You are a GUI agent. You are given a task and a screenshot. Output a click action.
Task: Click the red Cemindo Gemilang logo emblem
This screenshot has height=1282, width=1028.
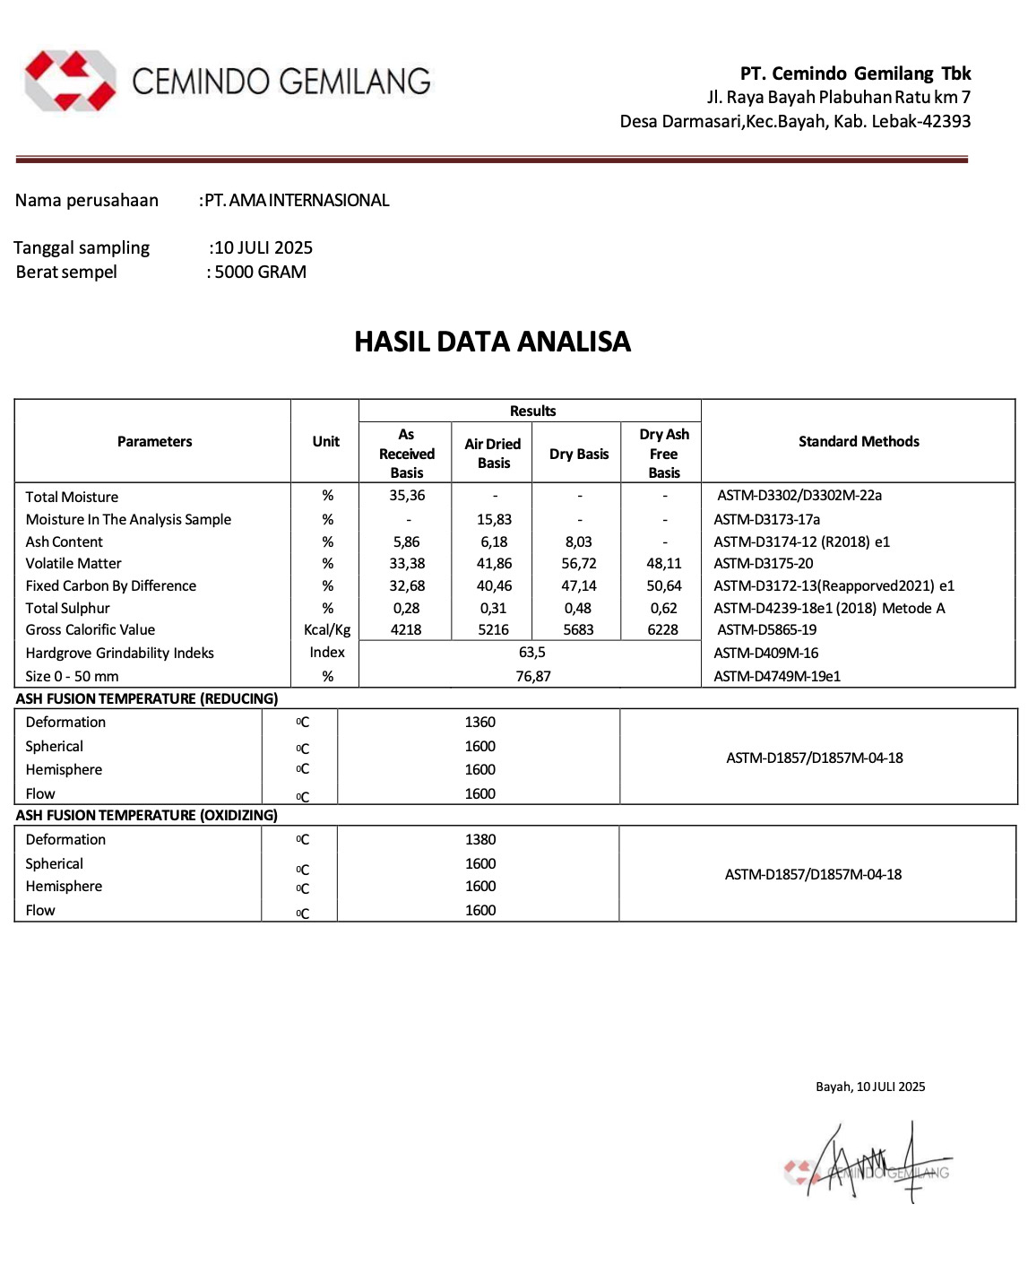[x=70, y=81]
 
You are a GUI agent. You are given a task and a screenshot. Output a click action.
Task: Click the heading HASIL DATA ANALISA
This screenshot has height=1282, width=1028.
[x=492, y=342]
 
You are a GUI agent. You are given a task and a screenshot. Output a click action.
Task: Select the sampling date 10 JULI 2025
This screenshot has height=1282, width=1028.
[x=263, y=247]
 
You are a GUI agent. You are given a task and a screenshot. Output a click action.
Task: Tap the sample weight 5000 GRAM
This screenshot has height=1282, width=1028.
[x=260, y=272]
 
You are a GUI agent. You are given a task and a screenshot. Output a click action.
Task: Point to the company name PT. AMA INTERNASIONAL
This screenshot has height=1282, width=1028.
[x=297, y=200]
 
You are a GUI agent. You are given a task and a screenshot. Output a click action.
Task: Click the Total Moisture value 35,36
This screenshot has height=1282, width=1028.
[x=407, y=495]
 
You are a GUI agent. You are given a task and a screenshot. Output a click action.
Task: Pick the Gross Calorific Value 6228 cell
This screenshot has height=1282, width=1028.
[x=663, y=629]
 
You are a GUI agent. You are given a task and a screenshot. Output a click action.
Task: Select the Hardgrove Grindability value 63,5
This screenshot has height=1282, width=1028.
[x=531, y=652]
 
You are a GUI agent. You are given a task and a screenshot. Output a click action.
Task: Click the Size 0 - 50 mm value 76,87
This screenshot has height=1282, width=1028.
[x=532, y=676]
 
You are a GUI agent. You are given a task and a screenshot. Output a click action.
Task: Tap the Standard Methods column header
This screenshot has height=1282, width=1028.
[x=859, y=441]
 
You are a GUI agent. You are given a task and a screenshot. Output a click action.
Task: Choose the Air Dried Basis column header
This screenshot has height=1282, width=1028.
[x=493, y=453]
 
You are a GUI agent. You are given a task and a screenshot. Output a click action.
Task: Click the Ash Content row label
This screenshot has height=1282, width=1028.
[x=65, y=541]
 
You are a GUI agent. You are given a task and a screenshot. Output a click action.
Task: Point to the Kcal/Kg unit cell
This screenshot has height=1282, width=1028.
[x=327, y=629]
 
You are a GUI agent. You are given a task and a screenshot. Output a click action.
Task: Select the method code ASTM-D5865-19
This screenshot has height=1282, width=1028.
[x=766, y=629]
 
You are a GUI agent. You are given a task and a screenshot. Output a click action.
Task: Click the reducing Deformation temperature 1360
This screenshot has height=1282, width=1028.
[x=480, y=722]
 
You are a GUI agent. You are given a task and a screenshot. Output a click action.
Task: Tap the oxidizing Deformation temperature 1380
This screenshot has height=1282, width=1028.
[x=480, y=839]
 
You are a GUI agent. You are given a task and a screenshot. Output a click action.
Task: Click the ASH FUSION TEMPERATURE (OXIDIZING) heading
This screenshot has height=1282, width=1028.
[x=147, y=815]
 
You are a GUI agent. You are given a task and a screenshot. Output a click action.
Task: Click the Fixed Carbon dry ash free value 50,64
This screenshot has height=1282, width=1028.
[x=664, y=585]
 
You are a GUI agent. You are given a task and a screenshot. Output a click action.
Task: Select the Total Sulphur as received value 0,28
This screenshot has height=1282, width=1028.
[x=406, y=608]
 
